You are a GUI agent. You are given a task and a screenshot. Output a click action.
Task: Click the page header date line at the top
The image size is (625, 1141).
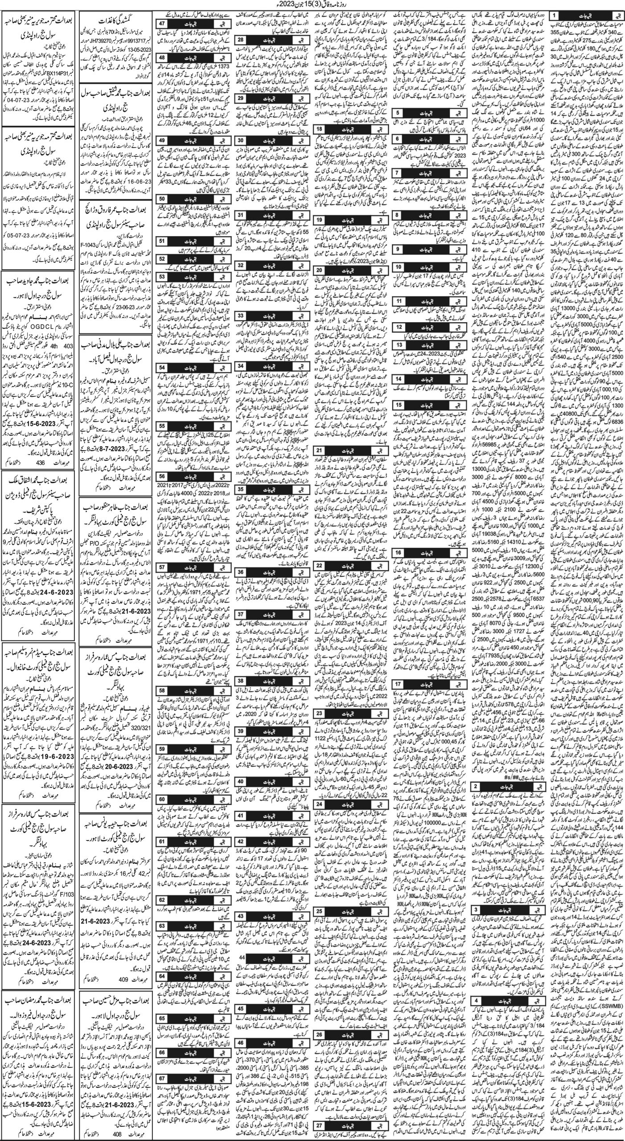312,5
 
